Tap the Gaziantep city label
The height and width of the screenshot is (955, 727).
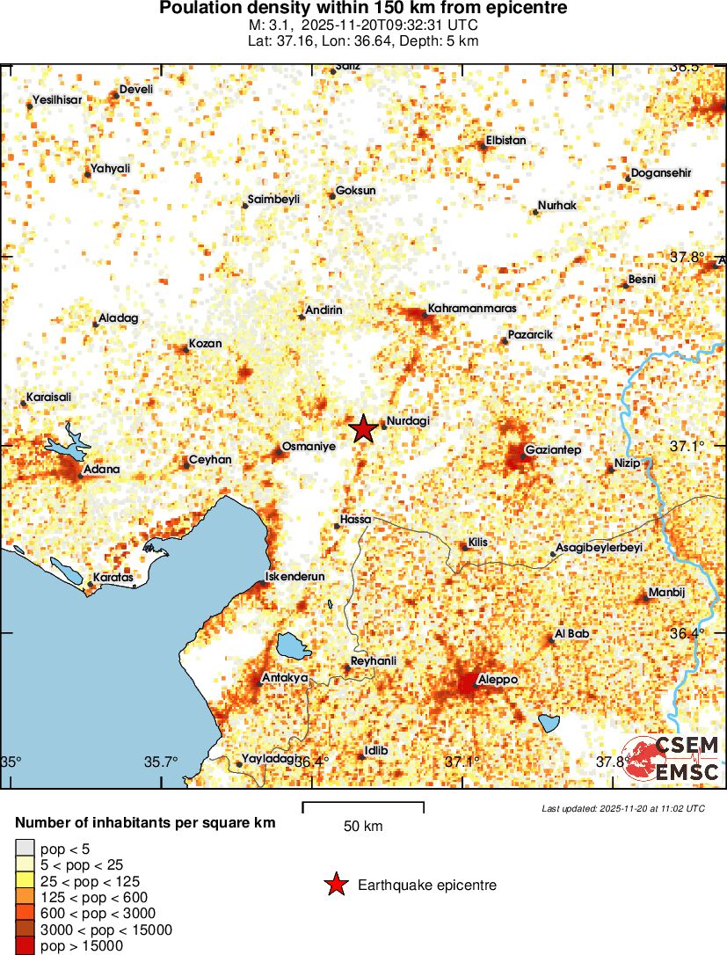(x=553, y=450)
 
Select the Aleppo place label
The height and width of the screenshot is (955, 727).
(x=497, y=680)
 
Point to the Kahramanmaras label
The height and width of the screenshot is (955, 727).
(x=471, y=309)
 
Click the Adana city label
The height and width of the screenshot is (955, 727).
(x=101, y=470)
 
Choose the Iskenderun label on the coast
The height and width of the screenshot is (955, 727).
(x=295, y=577)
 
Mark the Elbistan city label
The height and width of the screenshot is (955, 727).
(x=505, y=141)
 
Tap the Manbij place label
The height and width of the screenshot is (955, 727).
(x=665, y=592)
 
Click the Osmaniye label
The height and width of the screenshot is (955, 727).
(x=309, y=447)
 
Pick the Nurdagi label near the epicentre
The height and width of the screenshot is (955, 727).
(x=408, y=422)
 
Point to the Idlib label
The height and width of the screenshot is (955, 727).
(x=375, y=750)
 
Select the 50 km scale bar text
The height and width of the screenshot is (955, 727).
(x=363, y=826)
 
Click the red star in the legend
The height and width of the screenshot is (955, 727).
(x=335, y=885)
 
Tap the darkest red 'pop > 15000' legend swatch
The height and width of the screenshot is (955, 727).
(x=24, y=946)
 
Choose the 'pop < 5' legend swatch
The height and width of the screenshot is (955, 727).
(x=24, y=849)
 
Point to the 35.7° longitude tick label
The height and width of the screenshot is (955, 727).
(x=161, y=762)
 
